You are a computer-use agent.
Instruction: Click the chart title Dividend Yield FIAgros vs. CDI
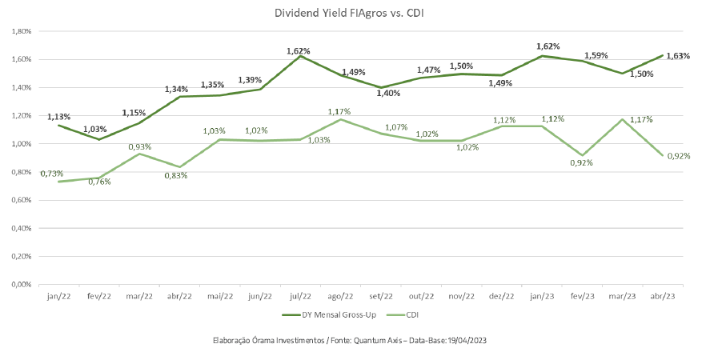click(363, 14)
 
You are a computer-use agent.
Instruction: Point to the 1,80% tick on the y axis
click(19, 31)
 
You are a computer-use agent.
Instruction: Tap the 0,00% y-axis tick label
click(19, 284)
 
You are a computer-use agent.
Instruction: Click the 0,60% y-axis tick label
click(19, 200)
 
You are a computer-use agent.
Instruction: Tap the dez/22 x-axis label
click(502, 297)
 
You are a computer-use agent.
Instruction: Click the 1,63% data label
click(677, 56)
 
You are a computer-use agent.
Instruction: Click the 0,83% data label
click(175, 175)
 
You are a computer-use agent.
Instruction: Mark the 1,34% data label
click(177, 88)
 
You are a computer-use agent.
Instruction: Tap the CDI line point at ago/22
click(340, 120)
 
